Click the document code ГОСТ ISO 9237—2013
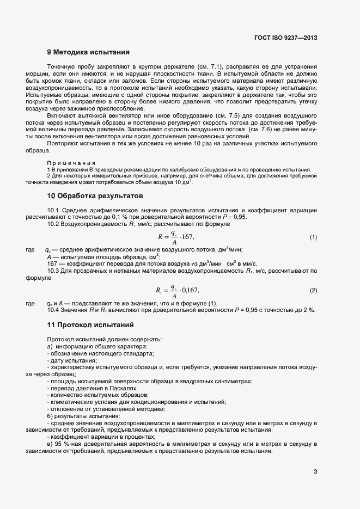click(x=286, y=38)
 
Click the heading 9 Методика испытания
click(x=88, y=53)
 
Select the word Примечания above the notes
click(x=71, y=163)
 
